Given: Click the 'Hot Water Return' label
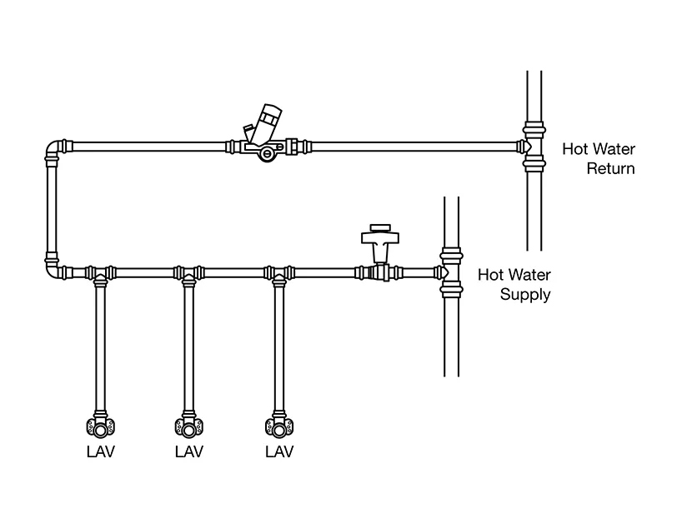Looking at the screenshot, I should pyautogui.click(x=598, y=159).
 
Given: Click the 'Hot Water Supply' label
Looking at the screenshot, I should pyautogui.click(x=514, y=284).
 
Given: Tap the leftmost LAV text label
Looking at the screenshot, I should pyautogui.click(x=99, y=452).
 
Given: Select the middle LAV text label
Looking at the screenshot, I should pyautogui.click(x=189, y=452).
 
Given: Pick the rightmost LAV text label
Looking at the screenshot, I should pyautogui.click(x=279, y=452).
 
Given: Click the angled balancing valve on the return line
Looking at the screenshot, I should pyautogui.click(x=268, y=134).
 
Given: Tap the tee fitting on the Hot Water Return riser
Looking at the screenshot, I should pyautogui.click(x=534, y=147).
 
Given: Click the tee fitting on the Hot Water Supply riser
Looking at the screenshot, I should pyautogui.click(x=450, y=271).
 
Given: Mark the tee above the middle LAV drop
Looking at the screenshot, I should pyautogui.click(x=189, y=273).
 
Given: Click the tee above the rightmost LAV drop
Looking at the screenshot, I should pyautogui.click(x=279, y=273).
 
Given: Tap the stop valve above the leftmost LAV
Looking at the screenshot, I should pyautogui.click(x=99, y=427).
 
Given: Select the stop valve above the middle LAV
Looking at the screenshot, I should pyautogui.click(x=189, y=427).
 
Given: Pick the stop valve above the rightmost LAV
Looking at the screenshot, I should pyautogui.click(x=279, y=427).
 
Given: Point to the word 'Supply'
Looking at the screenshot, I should pyautogui.click(x=525, y=294).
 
